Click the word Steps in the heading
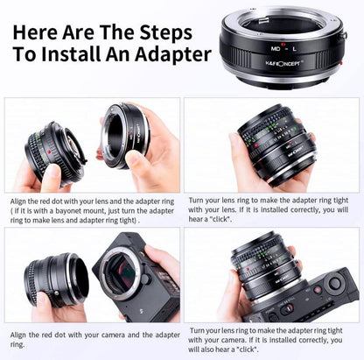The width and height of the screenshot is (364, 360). click(x=165, y=32)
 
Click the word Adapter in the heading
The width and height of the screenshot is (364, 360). click(x=173, y=54)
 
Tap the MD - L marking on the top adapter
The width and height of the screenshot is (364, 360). click(x=283, y=49)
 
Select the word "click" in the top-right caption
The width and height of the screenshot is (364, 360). click(x=220, y=219)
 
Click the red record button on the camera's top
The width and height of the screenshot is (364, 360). click(x=318, y=290)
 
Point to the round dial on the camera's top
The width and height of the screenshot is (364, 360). click(x=334, y=282)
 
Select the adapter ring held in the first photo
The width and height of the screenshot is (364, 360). click(x=126, y=136)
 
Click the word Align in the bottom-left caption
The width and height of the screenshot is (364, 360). click(x=18, y=335)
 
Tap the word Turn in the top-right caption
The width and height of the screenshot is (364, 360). click(x=196, y=201)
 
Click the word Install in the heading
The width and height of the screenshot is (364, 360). click(x=71, y=54)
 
